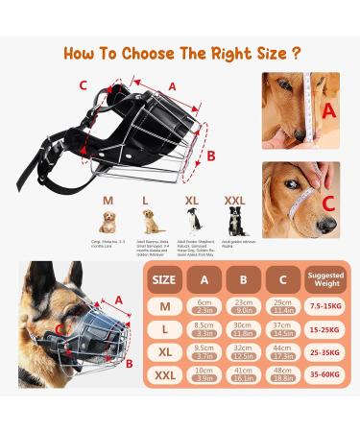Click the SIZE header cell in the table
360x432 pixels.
(x=164, y=280)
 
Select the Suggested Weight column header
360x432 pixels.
(x=324, y=280)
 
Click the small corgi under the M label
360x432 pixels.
(x=108, y=226)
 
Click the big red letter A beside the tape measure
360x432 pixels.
(x=329, y=109)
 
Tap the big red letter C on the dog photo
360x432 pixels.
(x=329, y=204)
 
